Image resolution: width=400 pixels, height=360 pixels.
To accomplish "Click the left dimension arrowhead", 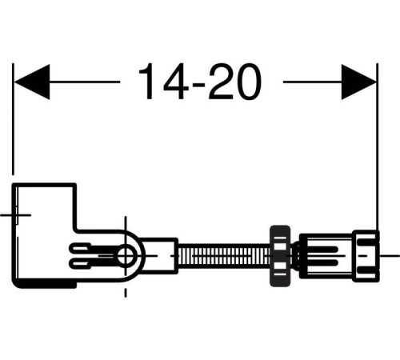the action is [32, 82].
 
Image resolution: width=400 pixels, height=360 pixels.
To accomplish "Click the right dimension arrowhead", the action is [358, 82].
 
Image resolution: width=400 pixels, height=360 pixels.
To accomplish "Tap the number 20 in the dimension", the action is [234, 82].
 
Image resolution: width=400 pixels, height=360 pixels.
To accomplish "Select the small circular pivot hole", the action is [126, 254].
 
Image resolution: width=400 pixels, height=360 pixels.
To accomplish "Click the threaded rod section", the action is [224, 255].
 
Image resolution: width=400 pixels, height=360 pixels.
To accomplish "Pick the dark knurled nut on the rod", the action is [280, 256].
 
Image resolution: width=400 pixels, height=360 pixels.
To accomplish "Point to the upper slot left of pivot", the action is [81, 248].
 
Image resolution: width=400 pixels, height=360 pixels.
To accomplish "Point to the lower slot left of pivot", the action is [81, 264].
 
